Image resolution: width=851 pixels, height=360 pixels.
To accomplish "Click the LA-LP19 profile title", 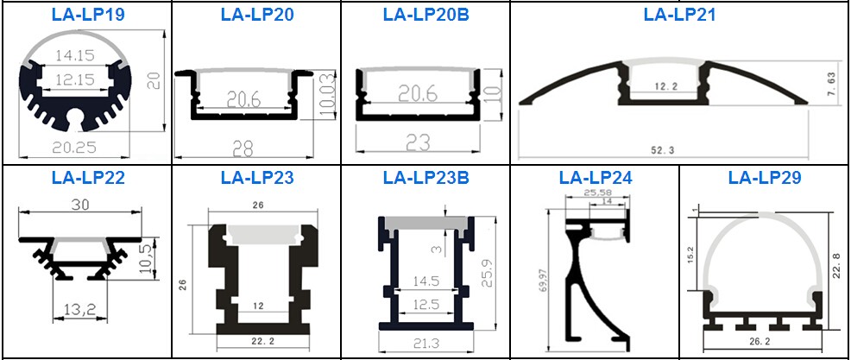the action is pos(88,14).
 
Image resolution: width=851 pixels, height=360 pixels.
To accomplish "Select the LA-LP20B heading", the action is pos(425,14).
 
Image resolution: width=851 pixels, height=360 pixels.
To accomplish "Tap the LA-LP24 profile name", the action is pos(595,178).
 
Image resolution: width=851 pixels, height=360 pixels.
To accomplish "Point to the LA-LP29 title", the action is pos(764,178).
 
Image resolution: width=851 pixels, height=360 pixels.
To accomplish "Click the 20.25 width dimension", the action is pos(74,147).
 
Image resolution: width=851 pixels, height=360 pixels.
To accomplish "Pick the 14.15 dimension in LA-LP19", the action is pos(74,55).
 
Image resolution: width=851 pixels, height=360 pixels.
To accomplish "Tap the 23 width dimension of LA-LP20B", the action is pos(418,142).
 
